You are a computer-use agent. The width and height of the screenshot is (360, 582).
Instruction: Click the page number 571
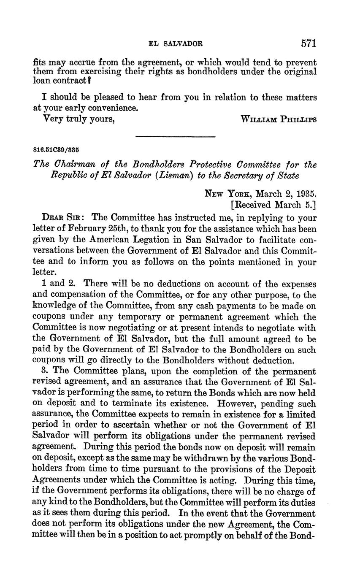point(309,43)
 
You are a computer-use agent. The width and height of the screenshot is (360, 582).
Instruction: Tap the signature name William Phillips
point(279,119)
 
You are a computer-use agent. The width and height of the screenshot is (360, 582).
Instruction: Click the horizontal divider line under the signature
point(175,136)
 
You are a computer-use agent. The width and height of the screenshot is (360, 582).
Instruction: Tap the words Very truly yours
point(79,119)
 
